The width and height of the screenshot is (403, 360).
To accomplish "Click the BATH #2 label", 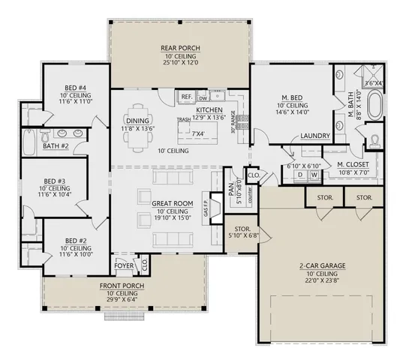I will pos(56,145).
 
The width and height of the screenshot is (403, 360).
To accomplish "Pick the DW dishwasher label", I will pos(203,97).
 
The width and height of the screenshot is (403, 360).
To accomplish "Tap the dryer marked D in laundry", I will pos(299,175).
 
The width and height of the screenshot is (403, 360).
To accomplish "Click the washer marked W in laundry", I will pos(314,175).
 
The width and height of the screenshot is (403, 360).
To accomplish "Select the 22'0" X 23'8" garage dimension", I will pos(320,281).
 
